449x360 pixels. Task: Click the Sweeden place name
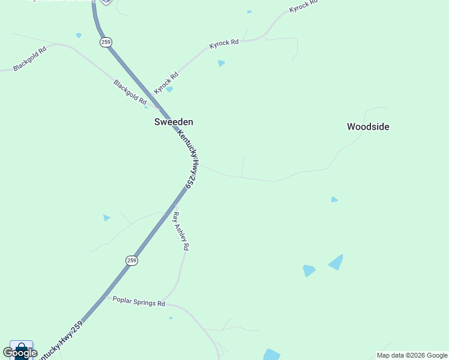tap(173, 122)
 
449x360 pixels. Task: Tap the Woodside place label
tap(368, 127)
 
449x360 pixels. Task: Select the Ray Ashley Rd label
tap(181, 231)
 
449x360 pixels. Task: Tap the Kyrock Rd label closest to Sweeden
tap(166, 83)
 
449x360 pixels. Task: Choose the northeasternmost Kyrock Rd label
tap(303, 6)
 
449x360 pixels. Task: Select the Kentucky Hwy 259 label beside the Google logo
tap(60, 341)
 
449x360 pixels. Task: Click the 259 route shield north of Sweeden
tap(106, 43)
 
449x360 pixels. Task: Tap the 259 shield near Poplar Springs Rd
tap(132, 260)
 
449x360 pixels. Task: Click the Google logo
tap(20, 353)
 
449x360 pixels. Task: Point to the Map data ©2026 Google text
tap(411, 355)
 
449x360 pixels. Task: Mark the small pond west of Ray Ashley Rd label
tap(106, 218)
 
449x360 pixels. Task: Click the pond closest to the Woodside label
tap(334, 199)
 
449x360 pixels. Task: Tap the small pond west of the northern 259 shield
tap(79, 35)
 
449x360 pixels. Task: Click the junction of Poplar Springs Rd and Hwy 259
tap(106, 296)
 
